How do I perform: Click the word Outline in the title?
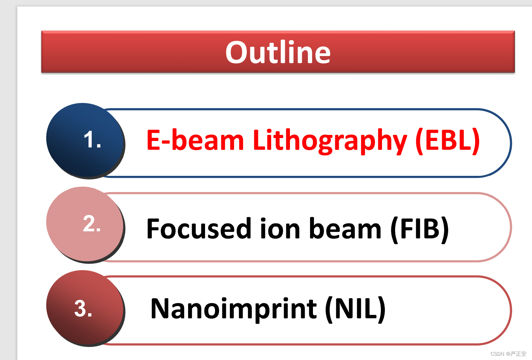(x=278, y=52)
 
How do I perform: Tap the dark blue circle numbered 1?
(x=85, y=140)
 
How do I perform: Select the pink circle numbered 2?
(x=85, y=224)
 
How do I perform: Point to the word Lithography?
(x=330, y=141)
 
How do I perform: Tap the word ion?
(x=280, y=228)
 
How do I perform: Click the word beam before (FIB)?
(x=346, y=228)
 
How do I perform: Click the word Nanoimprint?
(x=234, y=309)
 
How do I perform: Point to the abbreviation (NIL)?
(x=355, y=309)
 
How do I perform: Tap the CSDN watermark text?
(x=508, y=354)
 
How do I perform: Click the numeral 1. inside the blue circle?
(x=92, y=140)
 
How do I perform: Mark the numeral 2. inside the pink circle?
(x=92, y=223)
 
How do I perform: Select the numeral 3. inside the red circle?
(x=83, y=308)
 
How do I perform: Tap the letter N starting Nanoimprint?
(x=160, y=308)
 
